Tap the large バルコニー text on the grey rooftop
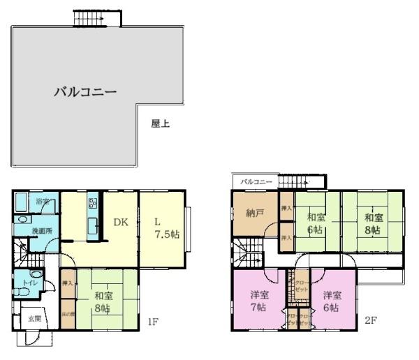pos(84,91)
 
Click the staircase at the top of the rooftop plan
pos(89,18)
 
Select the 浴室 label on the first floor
pos(43,202)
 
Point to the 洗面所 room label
pos(43,230)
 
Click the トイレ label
pos(29,283)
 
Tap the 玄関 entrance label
pos(34,318)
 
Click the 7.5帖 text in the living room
pos(167,234)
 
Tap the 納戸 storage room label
pos(254,213)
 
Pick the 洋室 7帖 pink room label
pos(258,301)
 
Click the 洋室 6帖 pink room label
pos(332,301)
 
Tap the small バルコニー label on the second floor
pos(256,181)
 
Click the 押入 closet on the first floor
pos(68,283)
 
